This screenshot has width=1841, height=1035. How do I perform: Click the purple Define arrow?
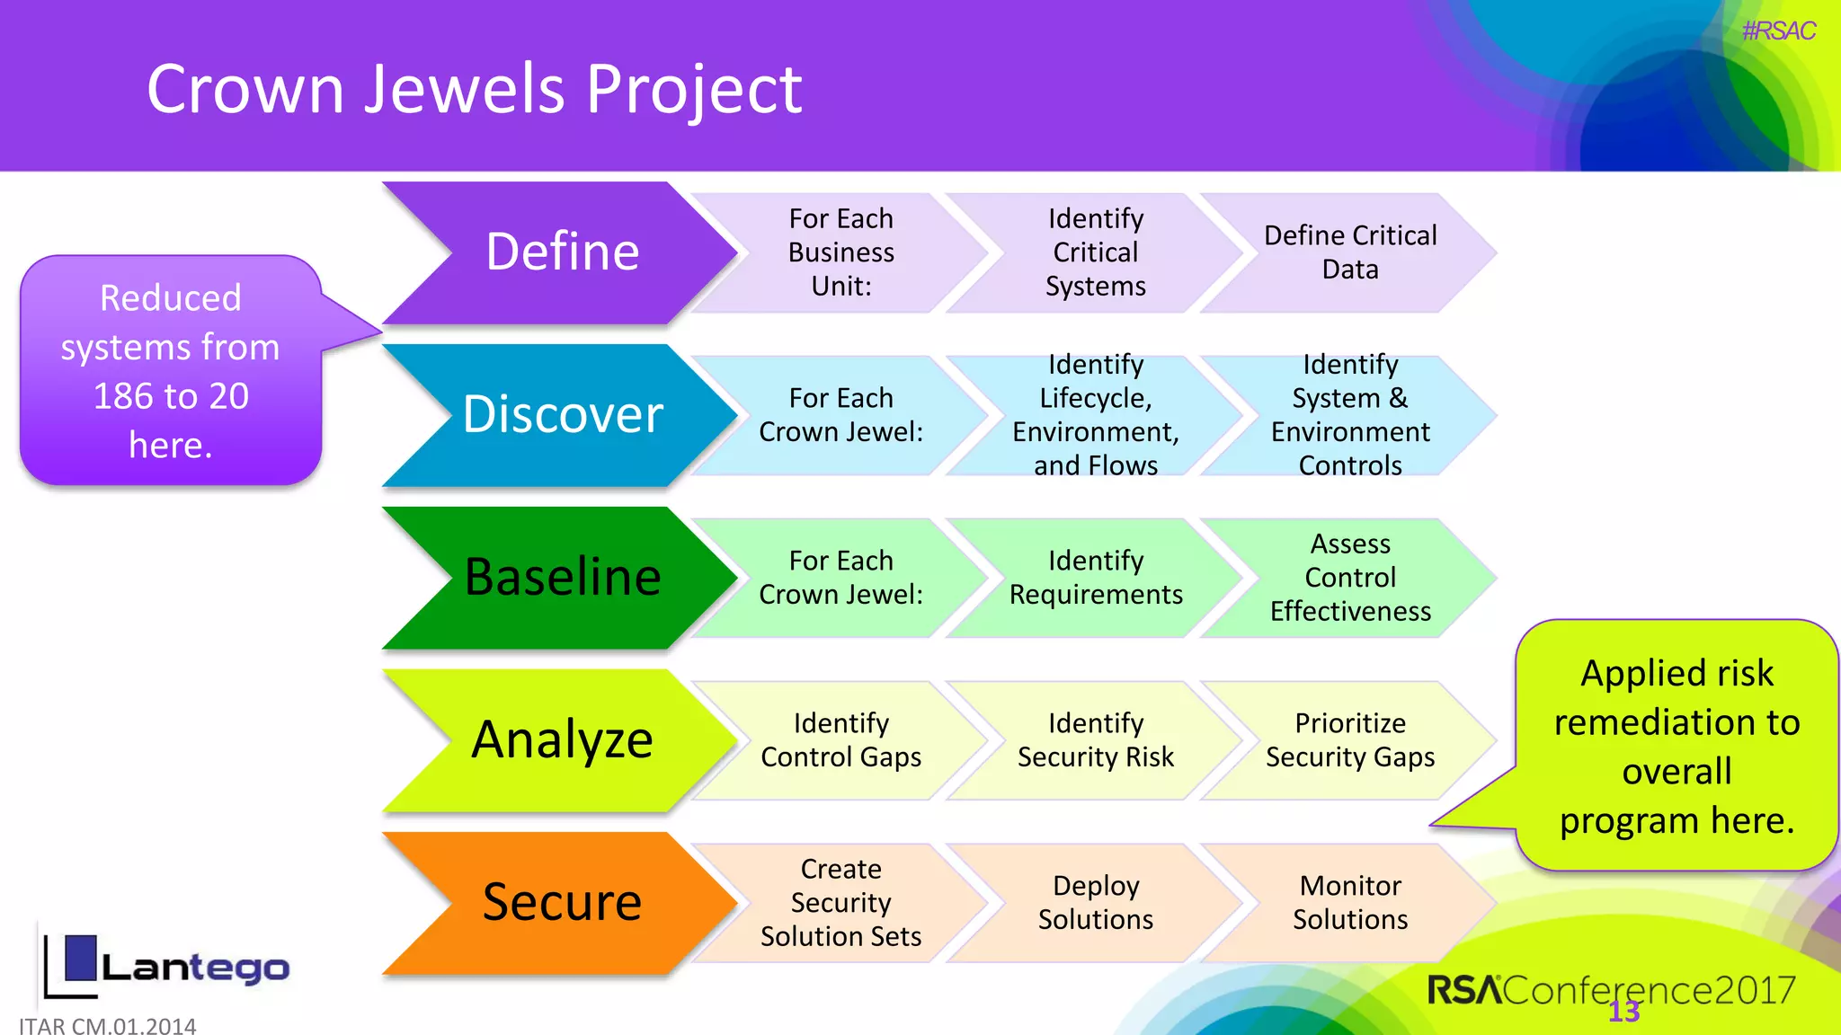tap(563, 252)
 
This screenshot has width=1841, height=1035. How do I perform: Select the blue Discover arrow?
tap(563, 415)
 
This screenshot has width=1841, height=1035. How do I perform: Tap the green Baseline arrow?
tap(563, 578)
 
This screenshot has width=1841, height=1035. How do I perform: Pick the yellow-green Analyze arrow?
tap(563, 740)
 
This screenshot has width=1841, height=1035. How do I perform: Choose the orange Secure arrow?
tap(563, 903)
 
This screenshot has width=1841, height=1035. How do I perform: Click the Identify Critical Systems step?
tap(1095, 252)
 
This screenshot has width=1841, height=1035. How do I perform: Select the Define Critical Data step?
tap(1349, 252)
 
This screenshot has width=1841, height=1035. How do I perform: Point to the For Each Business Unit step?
tap(840, 252)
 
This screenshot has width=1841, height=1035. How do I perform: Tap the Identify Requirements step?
tap(1095, 578)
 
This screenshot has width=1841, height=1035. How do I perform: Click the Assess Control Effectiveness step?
tap(1349, 578)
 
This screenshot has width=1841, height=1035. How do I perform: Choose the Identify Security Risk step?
tap(1095, 740)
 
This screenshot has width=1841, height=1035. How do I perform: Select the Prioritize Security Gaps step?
tap(1349, 740)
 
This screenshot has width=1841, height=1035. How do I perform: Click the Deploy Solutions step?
tap(1095, 903)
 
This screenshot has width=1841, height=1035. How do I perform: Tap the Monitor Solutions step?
tap(1349, 903)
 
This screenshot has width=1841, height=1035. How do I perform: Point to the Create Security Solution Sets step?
tap(840, 903)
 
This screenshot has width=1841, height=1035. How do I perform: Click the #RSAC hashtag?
tap(1778, 31)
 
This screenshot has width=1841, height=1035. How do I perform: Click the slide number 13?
tap(1623, 1012)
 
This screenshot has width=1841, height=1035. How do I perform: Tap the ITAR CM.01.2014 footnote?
tap(108, 1025)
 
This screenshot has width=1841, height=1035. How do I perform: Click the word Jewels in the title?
tap(466, 89)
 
